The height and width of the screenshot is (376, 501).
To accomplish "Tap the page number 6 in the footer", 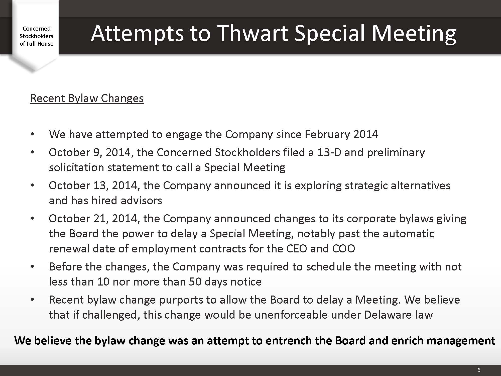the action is [479, 370].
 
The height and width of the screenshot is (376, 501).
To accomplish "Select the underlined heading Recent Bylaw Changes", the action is [87, 98].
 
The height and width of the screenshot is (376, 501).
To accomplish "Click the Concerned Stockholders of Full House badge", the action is [37, 36].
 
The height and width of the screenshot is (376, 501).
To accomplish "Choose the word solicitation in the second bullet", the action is [76, 167].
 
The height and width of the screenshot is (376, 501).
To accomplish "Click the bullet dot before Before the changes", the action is [32, 267].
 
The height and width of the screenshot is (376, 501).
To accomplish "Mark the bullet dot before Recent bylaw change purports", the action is [32, 300].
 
